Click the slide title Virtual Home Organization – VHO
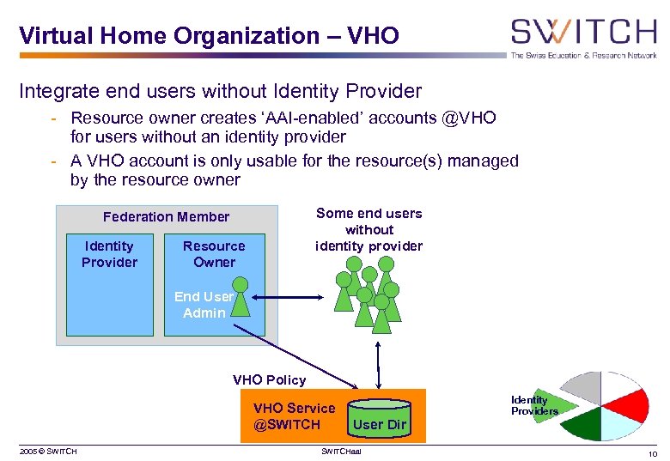click(209, 36)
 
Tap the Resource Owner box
click(214, 254)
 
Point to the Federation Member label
click(166, 217)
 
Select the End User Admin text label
click(204, 305)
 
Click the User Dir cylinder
click(380, 416)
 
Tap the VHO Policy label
click(269, 379)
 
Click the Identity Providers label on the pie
click(534, 405)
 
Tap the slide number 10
click(653, 452)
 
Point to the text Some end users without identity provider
click(368, 229)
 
